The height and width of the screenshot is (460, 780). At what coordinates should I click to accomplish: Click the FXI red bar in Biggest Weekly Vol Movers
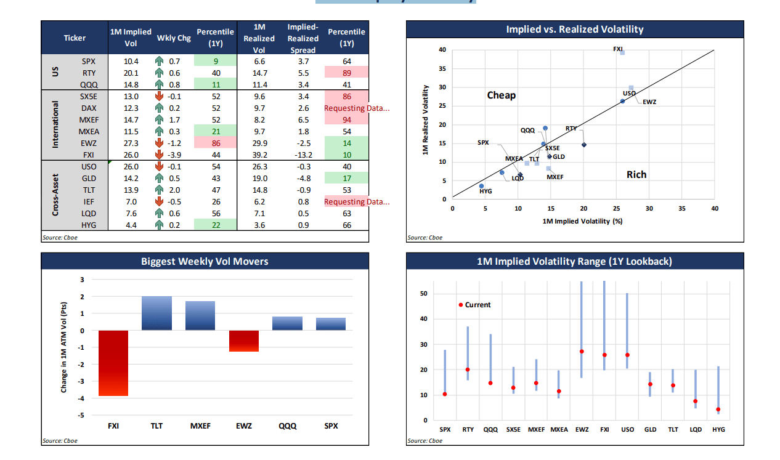click(x=113, y=363)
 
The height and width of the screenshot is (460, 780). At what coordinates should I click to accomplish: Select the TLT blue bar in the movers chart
click(x=156, y=313)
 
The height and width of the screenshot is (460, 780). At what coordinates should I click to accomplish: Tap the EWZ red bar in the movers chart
click(x=243, y=341)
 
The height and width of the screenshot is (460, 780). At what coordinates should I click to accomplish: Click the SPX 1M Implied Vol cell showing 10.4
click(x=131, y=62)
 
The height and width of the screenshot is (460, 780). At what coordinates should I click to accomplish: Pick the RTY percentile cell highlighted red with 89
click(x=347, y=73)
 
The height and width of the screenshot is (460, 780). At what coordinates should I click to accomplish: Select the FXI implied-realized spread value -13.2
click(x=301, y=155)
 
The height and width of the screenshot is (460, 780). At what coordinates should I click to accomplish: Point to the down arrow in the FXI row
click(x=159, y=155)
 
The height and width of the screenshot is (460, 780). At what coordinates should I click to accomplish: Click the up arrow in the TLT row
click(x=159, y=190)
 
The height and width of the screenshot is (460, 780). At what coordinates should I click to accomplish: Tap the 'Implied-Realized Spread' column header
click(x=302, y=38)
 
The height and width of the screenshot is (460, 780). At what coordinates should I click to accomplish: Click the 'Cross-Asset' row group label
click(x=56, y=195)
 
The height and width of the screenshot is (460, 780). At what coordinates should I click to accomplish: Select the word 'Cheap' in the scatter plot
click(x=501, y=95)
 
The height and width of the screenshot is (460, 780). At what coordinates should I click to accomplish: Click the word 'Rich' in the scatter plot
click(x=636, y=175)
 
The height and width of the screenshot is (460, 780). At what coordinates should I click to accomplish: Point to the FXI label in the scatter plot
click(x=618, y=49)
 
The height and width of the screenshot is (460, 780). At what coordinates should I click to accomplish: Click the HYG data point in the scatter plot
click(x=481, y=186)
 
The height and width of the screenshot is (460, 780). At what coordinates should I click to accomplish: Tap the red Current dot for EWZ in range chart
click(x=582, y=352)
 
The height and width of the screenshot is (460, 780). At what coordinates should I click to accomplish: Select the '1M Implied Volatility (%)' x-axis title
click(x=582, y=221)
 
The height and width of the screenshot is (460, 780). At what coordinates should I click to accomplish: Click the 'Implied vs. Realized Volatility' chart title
click(x=574, y=30)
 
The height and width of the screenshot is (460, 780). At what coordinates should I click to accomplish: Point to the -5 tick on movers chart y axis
click(x=81, y=416)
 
